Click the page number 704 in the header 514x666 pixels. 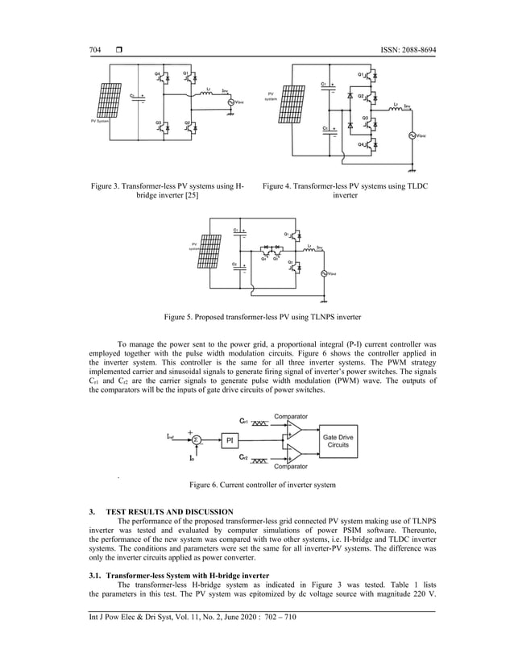[95, 51]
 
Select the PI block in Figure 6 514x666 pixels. [228, 439]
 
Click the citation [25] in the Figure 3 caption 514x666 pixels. [190, 196]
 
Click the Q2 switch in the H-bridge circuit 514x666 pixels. [188, 126]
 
